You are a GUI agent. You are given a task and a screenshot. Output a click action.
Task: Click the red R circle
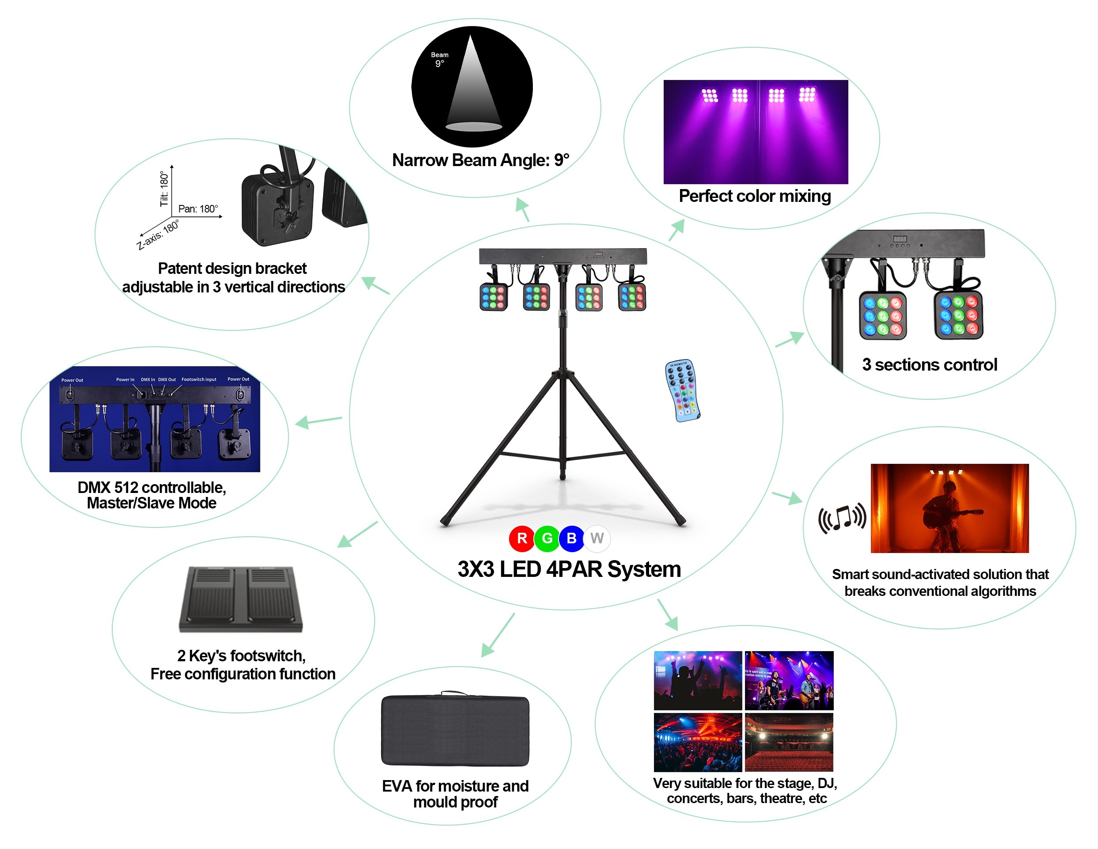click(522, 538)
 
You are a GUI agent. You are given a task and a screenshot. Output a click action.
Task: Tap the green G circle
click(547, 538)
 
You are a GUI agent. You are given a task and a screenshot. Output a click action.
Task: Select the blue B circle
click(572, 538)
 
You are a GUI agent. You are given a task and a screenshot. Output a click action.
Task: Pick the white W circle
click(597, 538)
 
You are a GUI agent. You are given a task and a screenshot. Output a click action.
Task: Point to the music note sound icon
click(842, 518)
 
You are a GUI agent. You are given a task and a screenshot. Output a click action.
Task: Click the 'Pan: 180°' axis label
click(198, 208)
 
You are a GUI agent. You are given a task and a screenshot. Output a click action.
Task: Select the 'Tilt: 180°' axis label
click(164, 189)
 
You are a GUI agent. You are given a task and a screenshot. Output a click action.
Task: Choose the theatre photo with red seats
click(788, 743)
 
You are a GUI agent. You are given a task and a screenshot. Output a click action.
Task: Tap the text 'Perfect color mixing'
click(754, 196)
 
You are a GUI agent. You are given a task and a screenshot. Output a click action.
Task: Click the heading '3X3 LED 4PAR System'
click(569, 569)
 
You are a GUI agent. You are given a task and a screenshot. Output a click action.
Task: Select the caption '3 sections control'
click(929, 364)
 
